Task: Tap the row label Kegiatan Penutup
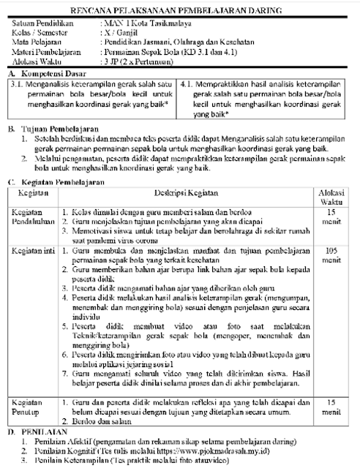coord(30,407)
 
